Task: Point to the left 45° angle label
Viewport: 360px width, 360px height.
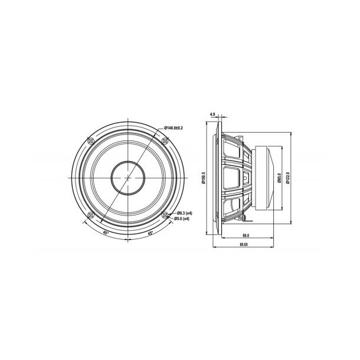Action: point(106,233)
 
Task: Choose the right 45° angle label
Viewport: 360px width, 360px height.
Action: point(151,233)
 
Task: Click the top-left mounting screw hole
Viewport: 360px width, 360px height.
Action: point(90,140)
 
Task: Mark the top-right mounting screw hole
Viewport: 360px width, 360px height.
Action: point(166,140)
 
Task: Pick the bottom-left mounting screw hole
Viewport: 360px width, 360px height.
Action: point(90,214)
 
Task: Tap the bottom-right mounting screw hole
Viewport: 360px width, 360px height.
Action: point(166,214)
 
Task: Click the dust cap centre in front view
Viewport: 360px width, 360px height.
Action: point(127,177)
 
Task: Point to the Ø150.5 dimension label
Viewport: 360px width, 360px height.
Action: point(203,177)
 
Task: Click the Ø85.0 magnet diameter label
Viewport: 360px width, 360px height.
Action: point(277,177)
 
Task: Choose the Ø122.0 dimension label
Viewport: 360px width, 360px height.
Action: point(287,177)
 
